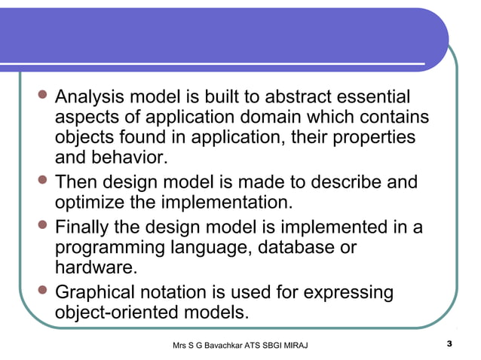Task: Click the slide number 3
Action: (449, 344)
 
